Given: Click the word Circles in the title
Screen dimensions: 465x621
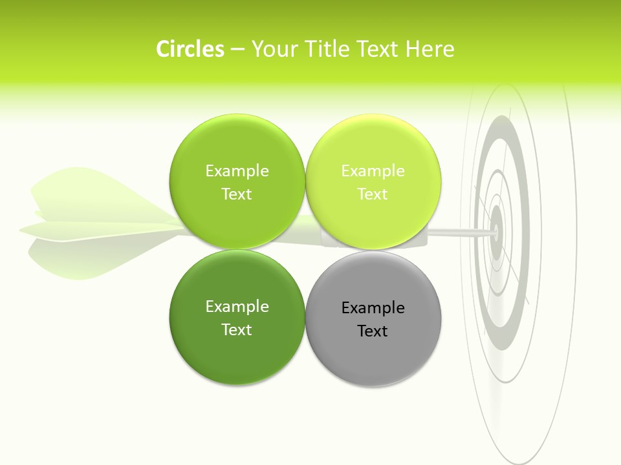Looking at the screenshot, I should (190, 49).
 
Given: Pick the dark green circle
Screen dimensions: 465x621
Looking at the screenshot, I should (237, 352).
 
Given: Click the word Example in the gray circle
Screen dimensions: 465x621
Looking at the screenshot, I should (373, 308).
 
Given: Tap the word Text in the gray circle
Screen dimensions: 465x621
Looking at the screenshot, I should (373, 331).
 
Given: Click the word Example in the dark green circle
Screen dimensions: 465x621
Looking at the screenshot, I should (237, 307).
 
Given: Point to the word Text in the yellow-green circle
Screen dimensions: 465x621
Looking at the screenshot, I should (373, 194).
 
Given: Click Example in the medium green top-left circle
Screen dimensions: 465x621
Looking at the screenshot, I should (237, 170).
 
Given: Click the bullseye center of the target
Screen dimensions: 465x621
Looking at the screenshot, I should (497, 229).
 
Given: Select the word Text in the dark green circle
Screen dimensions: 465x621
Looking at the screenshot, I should (237, 329).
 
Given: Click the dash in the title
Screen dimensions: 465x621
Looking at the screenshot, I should (237, 50).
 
